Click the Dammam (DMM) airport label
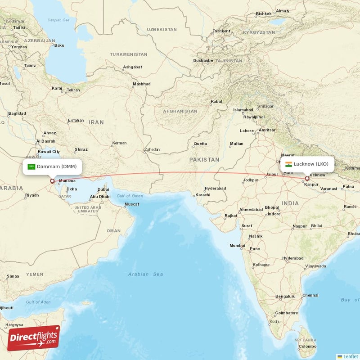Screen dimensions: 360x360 click(x=53, y=166)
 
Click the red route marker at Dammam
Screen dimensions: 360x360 click(x=52, y=181)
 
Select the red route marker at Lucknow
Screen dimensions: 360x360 click(x=307, y=179)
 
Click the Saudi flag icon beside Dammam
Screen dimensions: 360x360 click(x=31, y=166)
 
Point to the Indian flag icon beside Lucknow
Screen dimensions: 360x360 click(x=288, y=164)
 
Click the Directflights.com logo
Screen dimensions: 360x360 click(x=34, y=338)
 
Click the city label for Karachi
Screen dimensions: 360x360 click(x=202, y=195)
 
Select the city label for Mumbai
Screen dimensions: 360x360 click(x=237, y=245)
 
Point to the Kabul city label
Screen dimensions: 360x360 click(x=216, y=102)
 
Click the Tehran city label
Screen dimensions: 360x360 click(x=73, y=90)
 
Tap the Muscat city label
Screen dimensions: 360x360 click(x=132, y=204)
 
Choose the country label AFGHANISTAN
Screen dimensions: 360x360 click(x=180, y=111)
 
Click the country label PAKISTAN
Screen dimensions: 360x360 click(x=204, y=160)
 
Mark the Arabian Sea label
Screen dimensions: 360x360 click(x=145, y=274)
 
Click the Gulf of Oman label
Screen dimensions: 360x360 click(x=130, y=196)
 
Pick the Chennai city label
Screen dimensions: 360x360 click(x=310, y=295)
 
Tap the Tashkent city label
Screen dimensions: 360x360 click(x=221, y=31)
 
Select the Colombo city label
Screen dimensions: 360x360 click(x=307, y=346)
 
